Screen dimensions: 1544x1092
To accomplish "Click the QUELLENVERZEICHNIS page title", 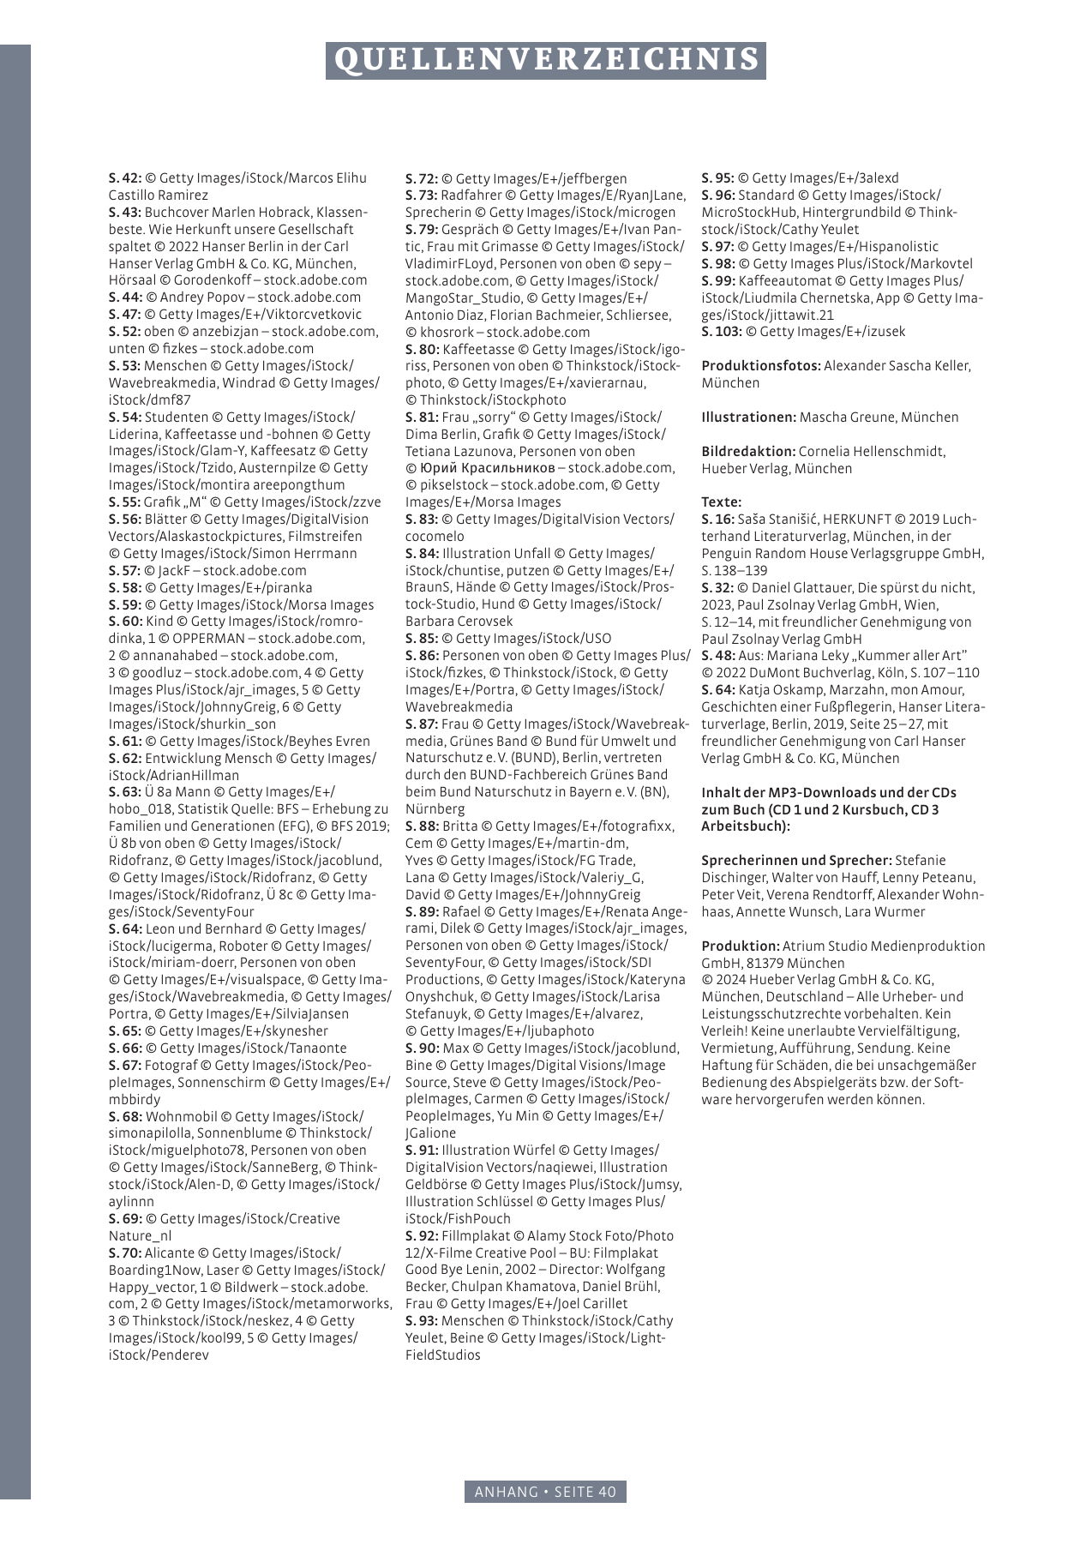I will pyautogui.click(x=546, y=60).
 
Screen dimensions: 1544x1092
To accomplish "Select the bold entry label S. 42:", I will pyautogui.click(x=124, y=178).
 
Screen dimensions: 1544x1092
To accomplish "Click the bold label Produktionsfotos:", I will pyautogui.click(x=761, y=366).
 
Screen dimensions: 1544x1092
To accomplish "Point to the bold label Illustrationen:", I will pyautogui.click(x=749, y=418).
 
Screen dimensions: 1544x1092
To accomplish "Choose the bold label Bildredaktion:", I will pyautogui.click(x=748, y=452).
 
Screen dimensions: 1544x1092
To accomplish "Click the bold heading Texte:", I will pyautogui.click(x=721, y=502).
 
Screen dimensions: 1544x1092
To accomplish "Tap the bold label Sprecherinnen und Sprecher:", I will pyautogui.click(x=796, y=861).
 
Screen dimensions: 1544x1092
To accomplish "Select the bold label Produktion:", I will pyautogui.click(x=741, y=946).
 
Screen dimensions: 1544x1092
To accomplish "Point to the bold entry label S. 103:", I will pyautogui.click(x=722, y=332).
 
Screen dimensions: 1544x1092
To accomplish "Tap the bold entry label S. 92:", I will pyautogui.click(x=422, y=1236).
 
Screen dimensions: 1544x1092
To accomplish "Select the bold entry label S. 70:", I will pyautogui.click(x=125, y=1253).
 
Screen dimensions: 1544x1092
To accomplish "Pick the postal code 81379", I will pyautogui.click(x=756, y=964).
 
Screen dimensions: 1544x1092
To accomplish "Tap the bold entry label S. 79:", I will pyautogui.click(x=422, y=230).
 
